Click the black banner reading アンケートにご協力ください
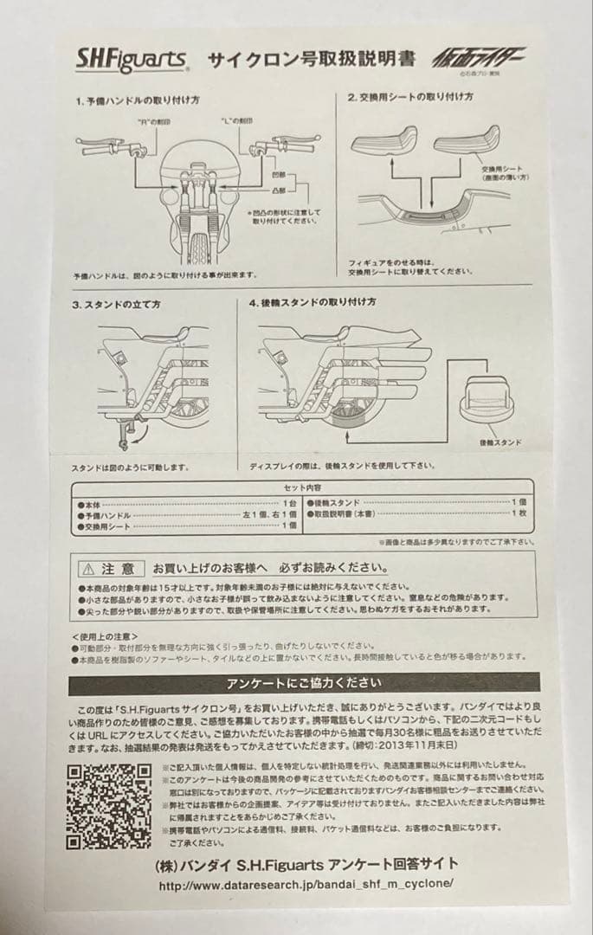pyautogui.click(x=303, y=684)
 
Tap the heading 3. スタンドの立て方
pyautogui.click(x=116, y=304)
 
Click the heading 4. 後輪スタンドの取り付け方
pyautogui.click(x=313, y=302)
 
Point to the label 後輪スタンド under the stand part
pyautogui.click(x=501, y=442)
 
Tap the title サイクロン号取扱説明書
pyautogui.click(x=310, y=61)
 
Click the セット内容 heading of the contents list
pyautogui.click(x=303, y=488)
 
